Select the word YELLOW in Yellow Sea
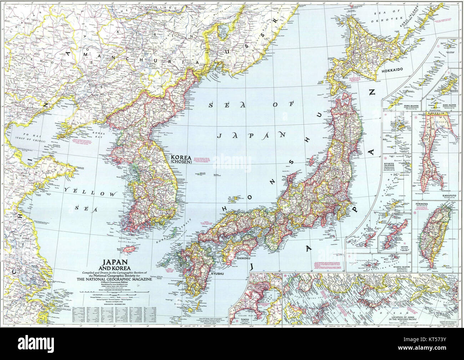tap(91, 193)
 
